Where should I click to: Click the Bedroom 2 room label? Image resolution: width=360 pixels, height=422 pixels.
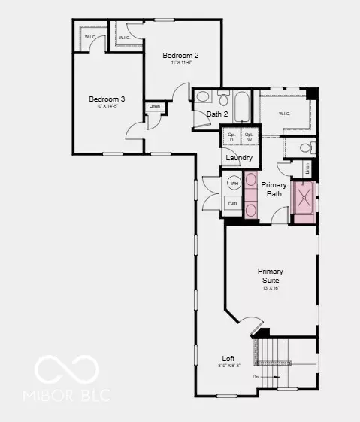pyautogui.click(x=180, y=55)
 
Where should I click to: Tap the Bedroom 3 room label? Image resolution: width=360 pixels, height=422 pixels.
pyautogui.click(x=106, y=99)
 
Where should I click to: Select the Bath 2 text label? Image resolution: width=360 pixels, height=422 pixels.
pyautogui.click(x=217, y=114)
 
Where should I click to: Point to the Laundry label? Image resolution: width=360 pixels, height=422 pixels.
pyautogui.click(x=239, y=158)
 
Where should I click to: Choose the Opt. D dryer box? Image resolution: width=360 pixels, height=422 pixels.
pyautogui.click(x=231, y=137)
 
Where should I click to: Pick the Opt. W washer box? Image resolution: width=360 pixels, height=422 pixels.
pyautogui.click(x=248, y=137)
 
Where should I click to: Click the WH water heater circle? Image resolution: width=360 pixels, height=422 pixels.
pyautogui.click(x=234, y=184)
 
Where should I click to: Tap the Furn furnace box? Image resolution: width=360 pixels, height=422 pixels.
pyautogui.click(x=233, y=203)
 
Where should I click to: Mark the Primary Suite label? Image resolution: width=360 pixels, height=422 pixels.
pyautogui.click(x=271, y=275)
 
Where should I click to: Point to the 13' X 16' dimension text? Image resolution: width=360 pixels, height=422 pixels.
pyautogui.click(x=271, y=287)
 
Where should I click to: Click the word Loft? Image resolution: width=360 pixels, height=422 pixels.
pyautogui.click(x=228, y=359)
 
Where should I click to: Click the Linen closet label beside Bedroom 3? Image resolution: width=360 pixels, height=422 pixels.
pyautogui.click(x=154, y=106)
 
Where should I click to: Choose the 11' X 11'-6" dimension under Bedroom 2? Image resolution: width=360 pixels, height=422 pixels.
pyautogui.click(x=180, y=62)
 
